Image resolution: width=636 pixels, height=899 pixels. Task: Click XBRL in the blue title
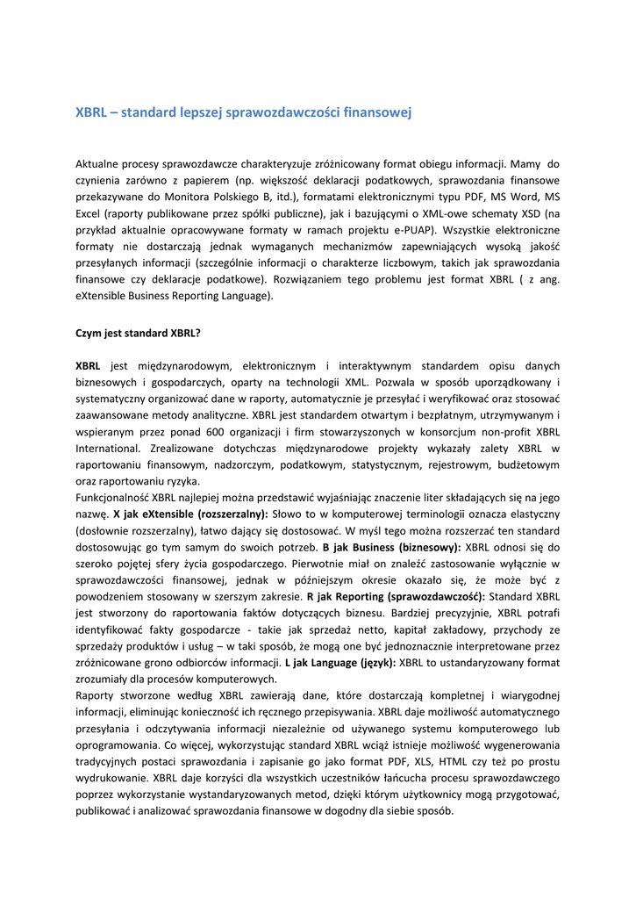[x=90, y=113]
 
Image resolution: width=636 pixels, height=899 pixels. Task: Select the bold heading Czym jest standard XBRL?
[x=139, y=333]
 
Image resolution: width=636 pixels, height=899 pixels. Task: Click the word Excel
[x=90, y=213]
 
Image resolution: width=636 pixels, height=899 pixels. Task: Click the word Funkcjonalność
[x=112, y=497]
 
